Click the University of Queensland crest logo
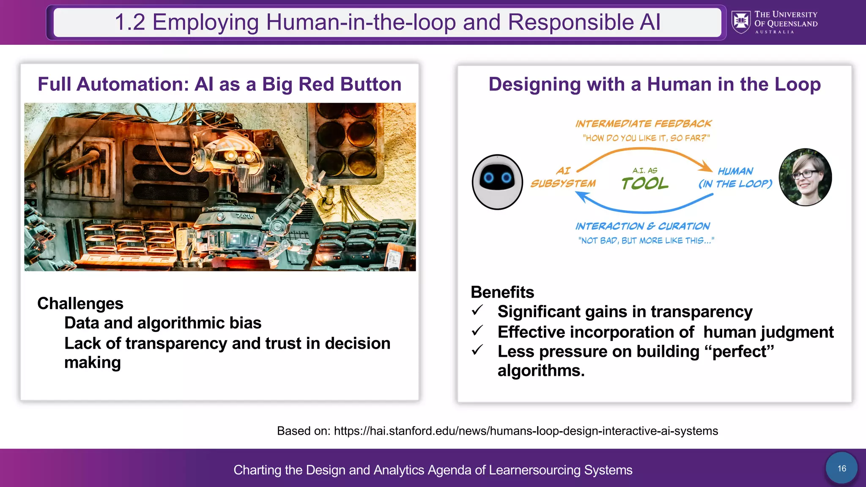[741, 22]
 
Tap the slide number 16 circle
[841, 468]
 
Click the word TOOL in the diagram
[645, 183]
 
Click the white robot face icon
[497, 182]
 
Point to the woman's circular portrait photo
[805, 177]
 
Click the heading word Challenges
[80, 304]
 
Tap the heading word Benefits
[502, 292]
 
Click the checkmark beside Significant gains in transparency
[477, 311]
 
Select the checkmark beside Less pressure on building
[477, 350]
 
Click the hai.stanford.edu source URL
[526, 431]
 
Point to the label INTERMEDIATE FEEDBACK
[643, 124]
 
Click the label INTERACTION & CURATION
[642, 227]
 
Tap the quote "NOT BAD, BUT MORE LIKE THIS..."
[646, 241]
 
